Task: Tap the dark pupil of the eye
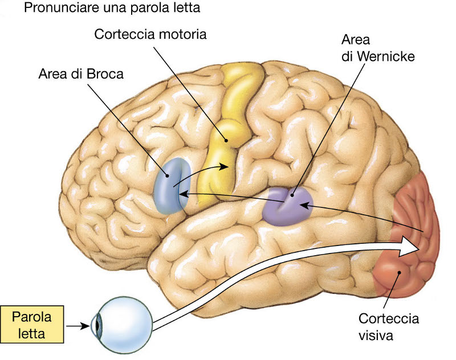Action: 97,326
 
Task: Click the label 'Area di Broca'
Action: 80,74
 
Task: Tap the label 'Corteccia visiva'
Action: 388,326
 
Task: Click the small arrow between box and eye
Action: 79,326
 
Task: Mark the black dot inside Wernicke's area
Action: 291,194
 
